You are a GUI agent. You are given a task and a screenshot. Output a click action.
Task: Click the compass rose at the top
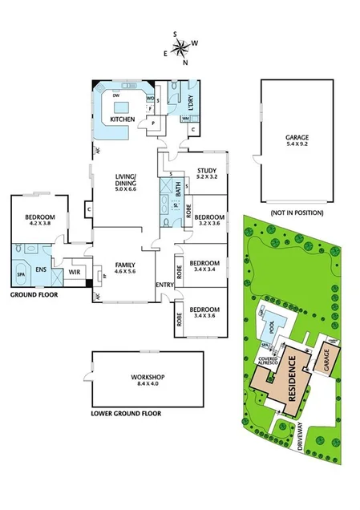tap(183, 47)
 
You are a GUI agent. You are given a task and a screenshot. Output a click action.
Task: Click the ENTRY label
tap(164, 285)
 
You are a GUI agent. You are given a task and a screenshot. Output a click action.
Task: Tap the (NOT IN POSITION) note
tap(297, 212)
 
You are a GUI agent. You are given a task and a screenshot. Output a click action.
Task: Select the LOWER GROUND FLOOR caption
tap(127, 414)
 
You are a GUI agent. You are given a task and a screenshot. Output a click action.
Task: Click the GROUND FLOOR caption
tap(34, 295)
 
